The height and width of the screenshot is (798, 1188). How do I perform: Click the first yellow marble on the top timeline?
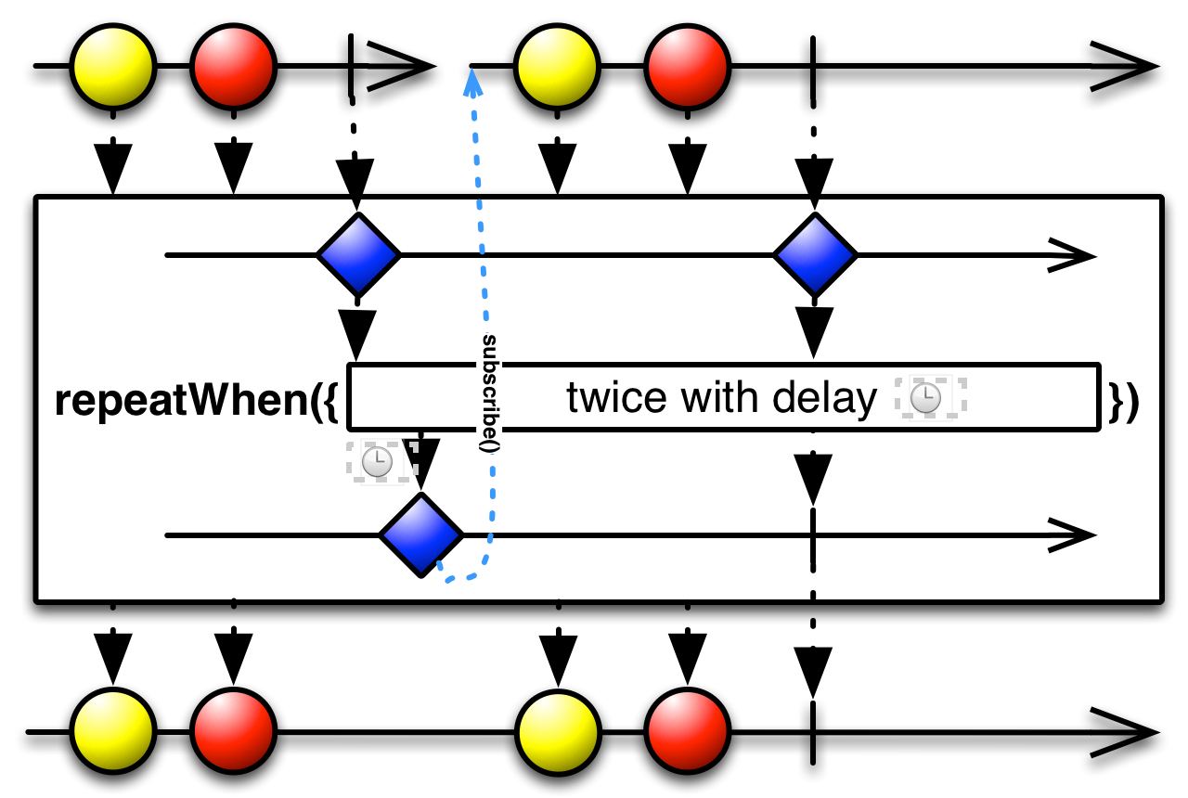point(113,67)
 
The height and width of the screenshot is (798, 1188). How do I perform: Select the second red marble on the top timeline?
point(688,67)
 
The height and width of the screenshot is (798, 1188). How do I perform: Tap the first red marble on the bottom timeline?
point(233,732)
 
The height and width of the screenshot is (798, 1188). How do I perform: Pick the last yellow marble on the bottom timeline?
point(558,732)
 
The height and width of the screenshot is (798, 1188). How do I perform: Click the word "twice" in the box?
point(616,397)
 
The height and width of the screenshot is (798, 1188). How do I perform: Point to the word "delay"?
point(825,399)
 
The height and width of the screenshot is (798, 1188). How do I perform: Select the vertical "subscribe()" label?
point(489,393)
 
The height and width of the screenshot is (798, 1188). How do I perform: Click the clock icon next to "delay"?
point(925,398)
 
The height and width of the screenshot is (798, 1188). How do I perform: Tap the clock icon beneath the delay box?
point(377,461)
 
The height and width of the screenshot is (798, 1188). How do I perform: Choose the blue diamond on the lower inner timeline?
point(421,535)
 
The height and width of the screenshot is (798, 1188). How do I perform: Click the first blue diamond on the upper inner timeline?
point(358,255)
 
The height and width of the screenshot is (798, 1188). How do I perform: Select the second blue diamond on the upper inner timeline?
point(815,255)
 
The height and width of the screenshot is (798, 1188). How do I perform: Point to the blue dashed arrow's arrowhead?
point(472,84)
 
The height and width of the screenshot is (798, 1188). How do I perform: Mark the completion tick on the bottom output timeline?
point(813,732)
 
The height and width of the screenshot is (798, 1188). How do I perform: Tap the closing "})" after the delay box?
point(1124,402)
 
